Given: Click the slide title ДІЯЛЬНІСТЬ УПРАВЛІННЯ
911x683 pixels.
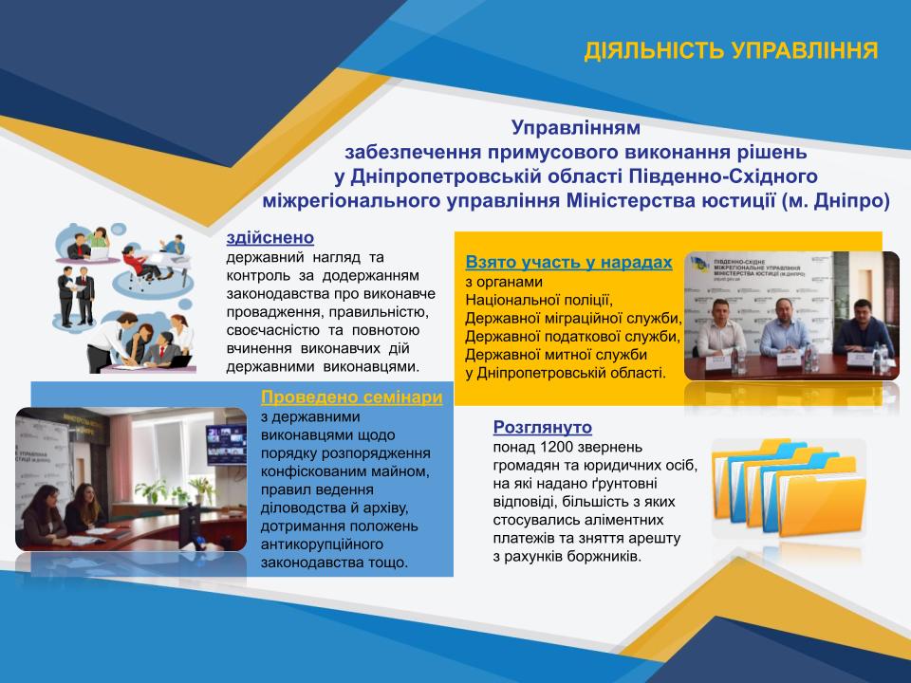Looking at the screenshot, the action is pos(731,51).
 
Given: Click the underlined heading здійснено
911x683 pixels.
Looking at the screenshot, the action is pos(270,237).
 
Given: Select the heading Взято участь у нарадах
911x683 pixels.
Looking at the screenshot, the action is pos(568,263).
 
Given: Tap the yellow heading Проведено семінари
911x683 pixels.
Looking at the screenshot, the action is pos(351,397).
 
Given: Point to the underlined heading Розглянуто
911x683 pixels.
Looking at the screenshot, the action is pos(543,428).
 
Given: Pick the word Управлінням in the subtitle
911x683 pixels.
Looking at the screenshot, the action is pos(576,127).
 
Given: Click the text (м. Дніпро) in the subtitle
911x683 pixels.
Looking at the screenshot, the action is pos(835,201).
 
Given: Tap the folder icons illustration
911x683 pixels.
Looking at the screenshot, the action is pos(790,488).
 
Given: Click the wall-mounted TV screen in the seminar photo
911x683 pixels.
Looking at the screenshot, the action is pos(226,444).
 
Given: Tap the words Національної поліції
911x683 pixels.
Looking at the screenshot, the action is pos(539,301).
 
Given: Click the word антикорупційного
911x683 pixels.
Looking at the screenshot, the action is pos(322,545).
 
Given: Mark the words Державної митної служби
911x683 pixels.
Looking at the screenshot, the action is pos(556,355).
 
